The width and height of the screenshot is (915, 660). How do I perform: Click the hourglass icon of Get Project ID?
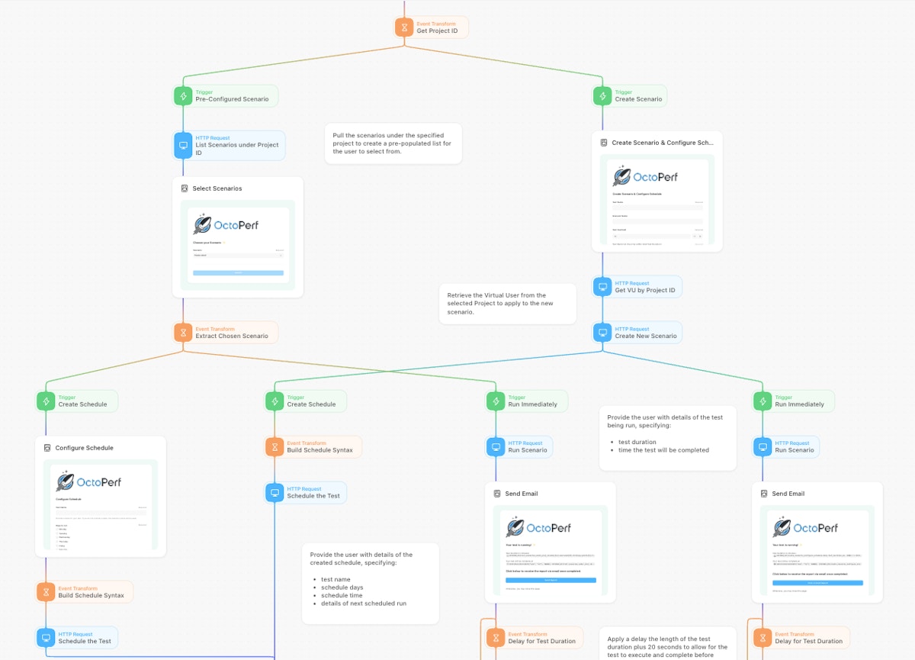pyautogui.click(x=404, y=27)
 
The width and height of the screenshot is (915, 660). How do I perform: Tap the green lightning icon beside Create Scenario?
pyautogui.click(x=602, y=96)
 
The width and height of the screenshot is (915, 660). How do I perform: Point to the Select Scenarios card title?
pyautogui.click(x=217, y=188)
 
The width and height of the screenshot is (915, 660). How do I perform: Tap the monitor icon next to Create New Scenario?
pyautogui.click(x=602, y=333)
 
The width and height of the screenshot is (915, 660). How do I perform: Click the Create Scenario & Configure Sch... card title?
pyautogui.click(x=662, y=143)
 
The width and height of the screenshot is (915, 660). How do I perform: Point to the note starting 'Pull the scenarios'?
pyautogui.click(x=392, y=143)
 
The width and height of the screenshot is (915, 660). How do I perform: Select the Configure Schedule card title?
pyautogui.click(x=84, y=448)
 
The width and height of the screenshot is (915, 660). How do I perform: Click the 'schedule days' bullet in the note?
pyautogui.click(x=342, y=588)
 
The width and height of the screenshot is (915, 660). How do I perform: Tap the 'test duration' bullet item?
pyautogui.click(x=637, y=443)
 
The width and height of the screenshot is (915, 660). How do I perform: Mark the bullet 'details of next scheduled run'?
pyautogui.click(x=364, y=604)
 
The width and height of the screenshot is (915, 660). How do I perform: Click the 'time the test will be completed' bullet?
pyautogui.click(x=663, y=450)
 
